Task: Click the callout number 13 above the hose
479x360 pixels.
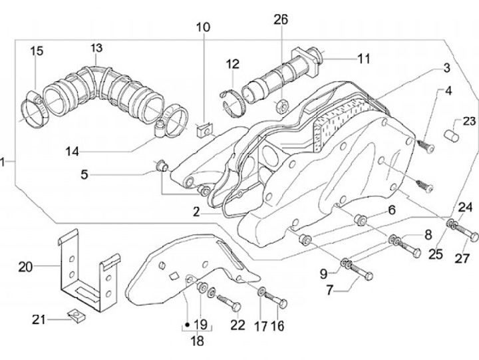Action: click(x=96, y=48)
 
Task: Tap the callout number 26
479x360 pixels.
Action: click(x=281, y=19)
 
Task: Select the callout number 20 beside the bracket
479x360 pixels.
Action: click(x=25, y=267)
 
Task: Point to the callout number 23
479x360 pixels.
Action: click(x=469, y=121)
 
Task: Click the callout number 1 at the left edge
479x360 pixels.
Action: click(x=3, y=162)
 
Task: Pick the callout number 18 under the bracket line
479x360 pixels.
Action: click(x=197, y=341)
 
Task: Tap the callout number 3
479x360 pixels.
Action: click(x=446, y=68)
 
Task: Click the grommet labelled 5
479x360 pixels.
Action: click(x=162, y=166)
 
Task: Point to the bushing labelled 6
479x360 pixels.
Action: click(x=359, y=220)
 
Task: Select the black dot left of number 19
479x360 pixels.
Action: click(x=187, y=324)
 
